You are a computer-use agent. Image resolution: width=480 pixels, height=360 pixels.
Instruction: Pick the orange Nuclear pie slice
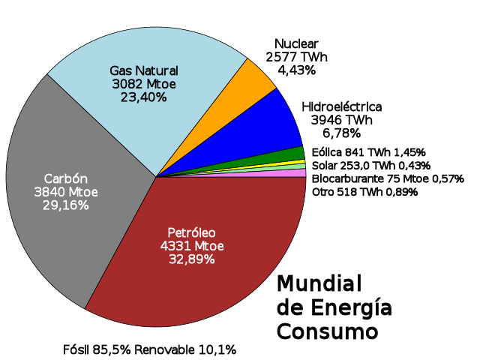(x=255, y=79)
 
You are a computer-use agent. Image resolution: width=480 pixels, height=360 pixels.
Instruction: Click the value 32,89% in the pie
(x=191, y=259)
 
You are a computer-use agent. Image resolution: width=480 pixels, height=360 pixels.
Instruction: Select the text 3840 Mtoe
(x=66, y=192)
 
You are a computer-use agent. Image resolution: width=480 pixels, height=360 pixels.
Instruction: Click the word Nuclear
(x=296, y=43)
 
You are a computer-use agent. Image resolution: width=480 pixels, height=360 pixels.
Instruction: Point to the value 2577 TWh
(x=296, y=57)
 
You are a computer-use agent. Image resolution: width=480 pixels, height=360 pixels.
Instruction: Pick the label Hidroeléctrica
(x=341, y=106)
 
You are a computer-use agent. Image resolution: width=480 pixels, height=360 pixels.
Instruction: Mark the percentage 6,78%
(x=341, y=133)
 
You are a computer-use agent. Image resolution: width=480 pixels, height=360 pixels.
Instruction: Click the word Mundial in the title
(x=319, y=283)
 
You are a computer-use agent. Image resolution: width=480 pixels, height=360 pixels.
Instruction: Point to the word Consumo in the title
(x=327, y=331)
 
